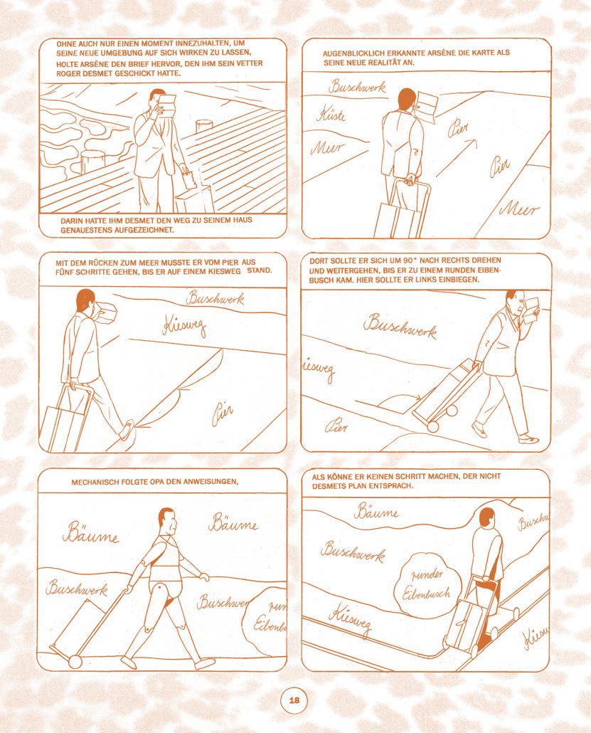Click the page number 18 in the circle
294,700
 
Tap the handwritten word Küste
331,114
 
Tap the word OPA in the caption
157,482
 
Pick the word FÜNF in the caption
63,272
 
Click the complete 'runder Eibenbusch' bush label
427,584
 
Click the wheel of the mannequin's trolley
75,661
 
